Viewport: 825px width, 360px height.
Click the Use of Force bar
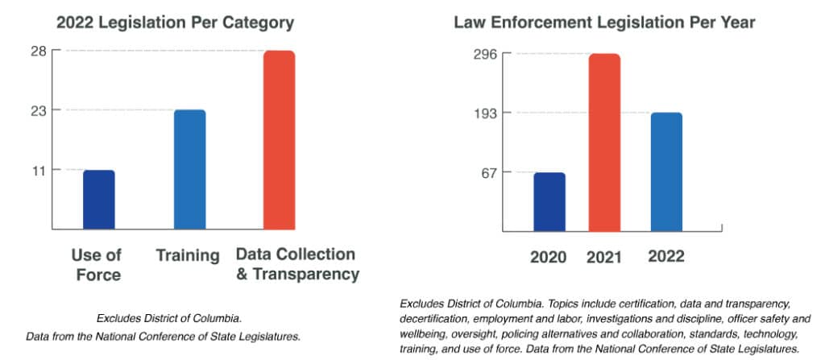(98, 200)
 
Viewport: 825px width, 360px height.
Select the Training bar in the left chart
(189, 169)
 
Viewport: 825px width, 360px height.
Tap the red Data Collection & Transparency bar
(279, 140)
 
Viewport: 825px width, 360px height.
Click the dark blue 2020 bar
(549, 202)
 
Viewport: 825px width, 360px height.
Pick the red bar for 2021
(604, 143)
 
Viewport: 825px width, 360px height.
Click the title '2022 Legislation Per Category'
(175, 22)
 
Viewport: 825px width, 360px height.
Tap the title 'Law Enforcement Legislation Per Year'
(604, 22)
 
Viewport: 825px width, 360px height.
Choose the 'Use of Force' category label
(96, 265)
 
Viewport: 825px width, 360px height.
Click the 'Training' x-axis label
(188, 256)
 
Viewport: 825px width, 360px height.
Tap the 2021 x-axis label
(604, 258)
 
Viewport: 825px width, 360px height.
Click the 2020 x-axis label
(548, 258)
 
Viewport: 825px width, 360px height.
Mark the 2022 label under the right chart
(665, 257)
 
